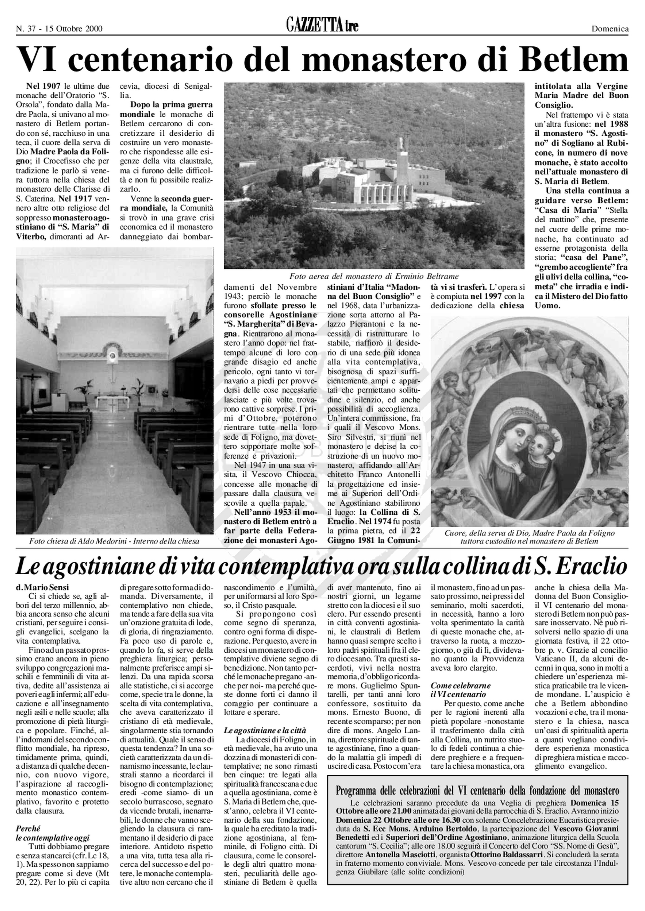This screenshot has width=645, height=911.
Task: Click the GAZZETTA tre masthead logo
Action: (x=322, y=26)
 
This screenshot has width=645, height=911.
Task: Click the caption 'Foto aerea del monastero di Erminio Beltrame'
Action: (x=374, y=276)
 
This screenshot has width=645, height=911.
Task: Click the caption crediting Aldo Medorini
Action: (x=114, y=541)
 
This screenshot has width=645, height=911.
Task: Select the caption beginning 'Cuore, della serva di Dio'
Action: (x=529, y=537)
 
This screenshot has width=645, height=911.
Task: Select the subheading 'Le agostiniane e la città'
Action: (x=265, y=731)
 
